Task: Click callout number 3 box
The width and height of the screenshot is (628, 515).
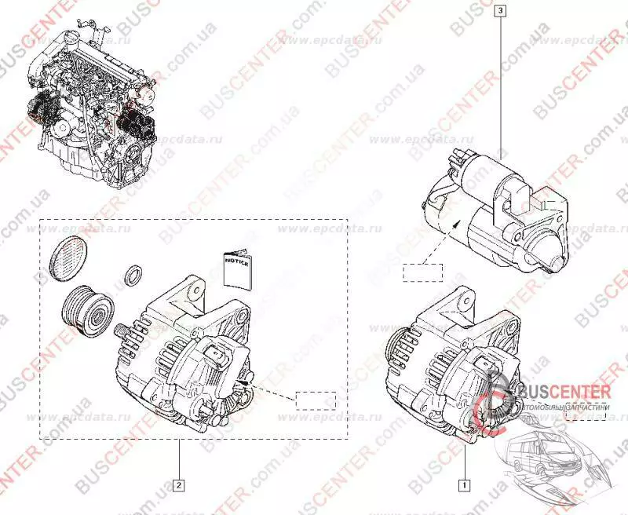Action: [501, 12]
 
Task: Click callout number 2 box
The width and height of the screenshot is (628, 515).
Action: [179, 484]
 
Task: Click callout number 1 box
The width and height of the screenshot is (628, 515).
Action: [465, 484]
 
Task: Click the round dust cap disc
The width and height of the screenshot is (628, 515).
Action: [66, 255]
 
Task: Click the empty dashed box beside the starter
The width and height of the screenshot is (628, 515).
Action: [422, 273]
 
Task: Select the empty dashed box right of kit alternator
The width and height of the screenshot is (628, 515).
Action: [315, 400]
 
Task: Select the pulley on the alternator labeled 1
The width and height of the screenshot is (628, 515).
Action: [393, 345]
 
